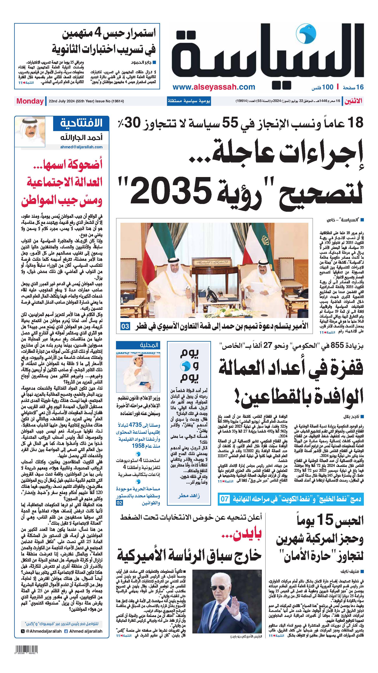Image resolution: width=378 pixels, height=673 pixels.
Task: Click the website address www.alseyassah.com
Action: pos(214,87)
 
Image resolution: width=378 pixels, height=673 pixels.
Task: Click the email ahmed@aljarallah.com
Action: pos(81,147)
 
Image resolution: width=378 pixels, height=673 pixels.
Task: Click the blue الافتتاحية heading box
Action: pos(81,123)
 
